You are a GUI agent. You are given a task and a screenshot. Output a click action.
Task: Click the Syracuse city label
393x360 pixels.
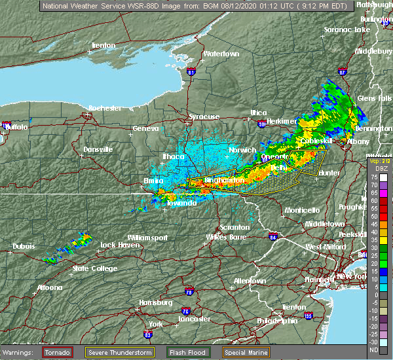point(204,117)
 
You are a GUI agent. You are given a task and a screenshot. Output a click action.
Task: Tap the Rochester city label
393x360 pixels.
point(105,107)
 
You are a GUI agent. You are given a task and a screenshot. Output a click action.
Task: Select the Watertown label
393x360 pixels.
point(221,53)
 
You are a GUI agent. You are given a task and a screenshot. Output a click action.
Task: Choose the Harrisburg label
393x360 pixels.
point(155,302)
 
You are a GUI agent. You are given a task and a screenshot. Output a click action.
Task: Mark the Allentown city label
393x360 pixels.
point(250,281)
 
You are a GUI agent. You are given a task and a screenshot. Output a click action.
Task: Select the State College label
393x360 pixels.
point(92,268)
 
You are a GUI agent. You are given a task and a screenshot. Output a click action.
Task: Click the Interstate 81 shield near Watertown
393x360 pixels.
point(191,70)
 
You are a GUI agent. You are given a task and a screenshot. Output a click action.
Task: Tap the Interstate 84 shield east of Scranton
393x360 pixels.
point(273,236)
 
